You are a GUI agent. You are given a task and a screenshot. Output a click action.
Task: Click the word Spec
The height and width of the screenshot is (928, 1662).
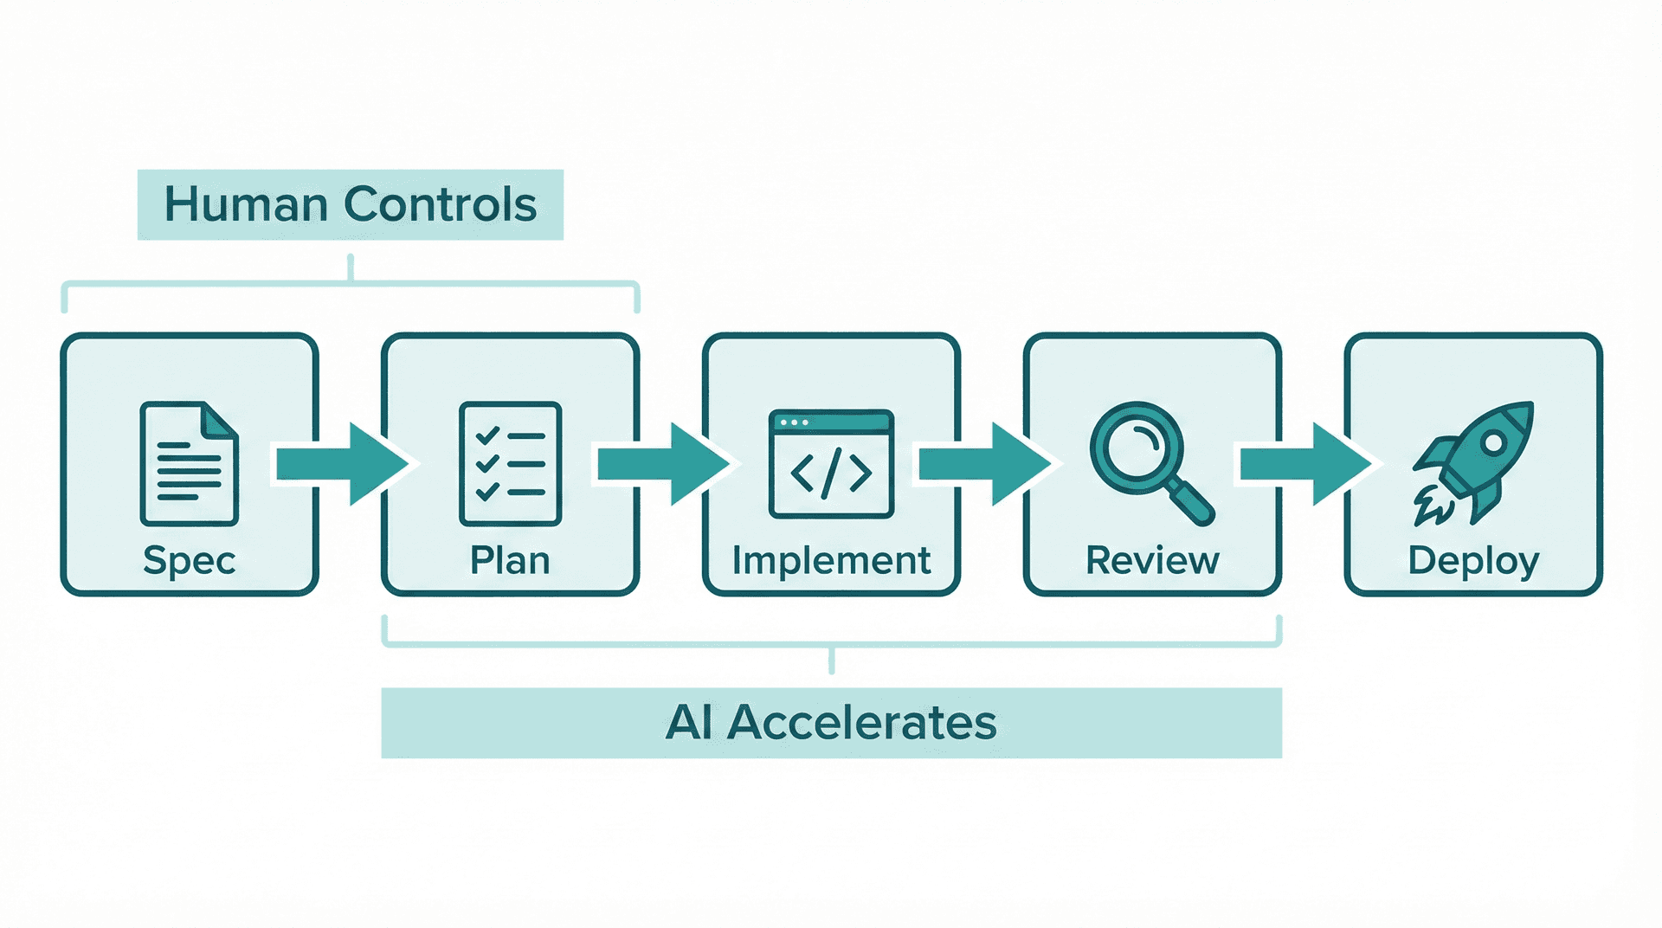[189, 561]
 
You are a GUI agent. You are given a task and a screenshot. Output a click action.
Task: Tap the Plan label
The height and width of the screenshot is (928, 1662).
[510, 561]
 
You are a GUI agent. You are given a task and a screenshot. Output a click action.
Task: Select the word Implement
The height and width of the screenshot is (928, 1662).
[831, 561]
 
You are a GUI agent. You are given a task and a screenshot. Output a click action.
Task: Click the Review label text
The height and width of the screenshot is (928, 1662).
[1152, 561]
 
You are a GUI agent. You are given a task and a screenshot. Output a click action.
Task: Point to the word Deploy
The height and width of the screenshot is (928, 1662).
[1473, 561]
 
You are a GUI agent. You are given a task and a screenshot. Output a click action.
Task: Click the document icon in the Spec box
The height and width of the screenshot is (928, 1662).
[189, 463]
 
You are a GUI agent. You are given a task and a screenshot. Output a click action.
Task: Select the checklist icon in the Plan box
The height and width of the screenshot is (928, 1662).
[510, 463]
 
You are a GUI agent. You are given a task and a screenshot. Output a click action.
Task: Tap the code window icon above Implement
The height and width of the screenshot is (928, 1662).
[831, 463]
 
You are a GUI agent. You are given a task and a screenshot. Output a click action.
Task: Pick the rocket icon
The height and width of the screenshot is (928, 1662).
[1473, 463]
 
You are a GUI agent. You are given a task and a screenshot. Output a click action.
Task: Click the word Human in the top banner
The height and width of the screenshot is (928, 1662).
[246, 204]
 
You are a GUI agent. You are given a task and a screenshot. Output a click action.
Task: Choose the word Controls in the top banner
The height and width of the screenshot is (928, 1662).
[440, 204]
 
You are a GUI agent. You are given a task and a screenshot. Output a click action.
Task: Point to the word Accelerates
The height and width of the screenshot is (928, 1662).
[861, 722]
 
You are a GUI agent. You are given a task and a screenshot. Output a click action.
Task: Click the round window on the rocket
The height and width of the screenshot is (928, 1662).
[1493, 443]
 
